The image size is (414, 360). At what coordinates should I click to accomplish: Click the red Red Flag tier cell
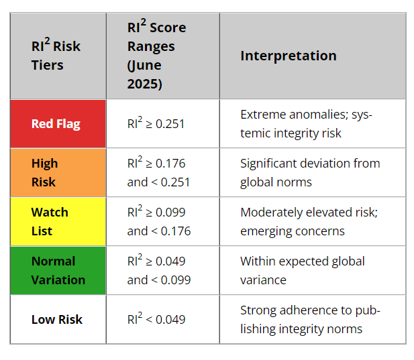pos(58,124)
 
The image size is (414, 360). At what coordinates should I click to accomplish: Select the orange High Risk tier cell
pos(58,172)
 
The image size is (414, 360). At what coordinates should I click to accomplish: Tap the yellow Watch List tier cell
pos(58,221)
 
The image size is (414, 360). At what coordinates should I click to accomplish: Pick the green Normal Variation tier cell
pos(58,270)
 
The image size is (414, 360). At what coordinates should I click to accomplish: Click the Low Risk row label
pos(57,319)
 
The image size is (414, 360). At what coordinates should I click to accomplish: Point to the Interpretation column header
pos(289,56)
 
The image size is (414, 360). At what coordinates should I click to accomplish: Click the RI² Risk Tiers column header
pos(56,56)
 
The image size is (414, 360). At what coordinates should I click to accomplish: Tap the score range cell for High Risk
pos(159,172)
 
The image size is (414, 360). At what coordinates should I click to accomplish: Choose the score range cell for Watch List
pos(159,221)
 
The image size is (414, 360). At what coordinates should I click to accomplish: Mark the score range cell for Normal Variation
pos(159,270)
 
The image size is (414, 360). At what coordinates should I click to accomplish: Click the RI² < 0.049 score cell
pos(156,319)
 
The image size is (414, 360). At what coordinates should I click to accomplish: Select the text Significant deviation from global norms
pos(310,172)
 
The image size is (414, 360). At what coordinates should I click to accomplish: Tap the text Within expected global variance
pos(302,270)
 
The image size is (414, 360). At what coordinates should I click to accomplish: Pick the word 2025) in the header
pos(145,84)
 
